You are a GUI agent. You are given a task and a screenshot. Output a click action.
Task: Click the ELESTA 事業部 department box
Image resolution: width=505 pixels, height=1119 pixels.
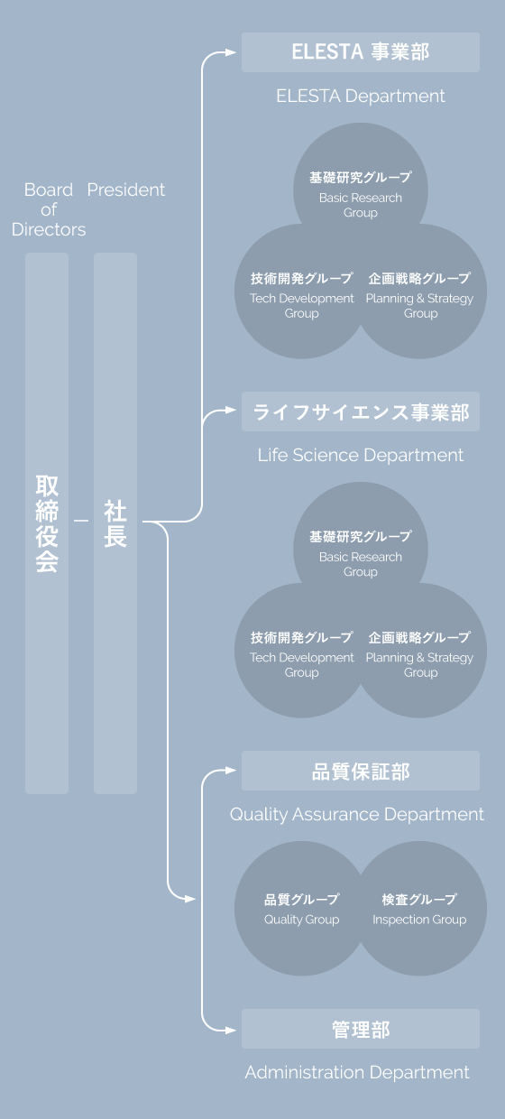[x=360, y=52]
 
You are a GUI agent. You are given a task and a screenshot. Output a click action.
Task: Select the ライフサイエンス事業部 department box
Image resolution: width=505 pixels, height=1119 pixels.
[x=360, y=412]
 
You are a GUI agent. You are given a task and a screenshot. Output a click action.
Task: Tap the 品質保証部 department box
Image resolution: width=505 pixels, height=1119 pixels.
[x=360, y=772]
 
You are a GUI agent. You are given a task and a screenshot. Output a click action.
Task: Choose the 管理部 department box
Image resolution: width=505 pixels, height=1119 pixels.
[x=360, y=1030]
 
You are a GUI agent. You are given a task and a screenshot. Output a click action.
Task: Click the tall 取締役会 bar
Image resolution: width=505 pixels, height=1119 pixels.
[x=47, y=523]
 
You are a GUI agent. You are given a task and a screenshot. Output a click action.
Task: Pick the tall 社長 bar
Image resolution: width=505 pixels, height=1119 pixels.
[x=115, y=523]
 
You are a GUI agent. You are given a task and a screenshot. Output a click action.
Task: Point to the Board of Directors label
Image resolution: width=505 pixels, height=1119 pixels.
[x=49, y=209]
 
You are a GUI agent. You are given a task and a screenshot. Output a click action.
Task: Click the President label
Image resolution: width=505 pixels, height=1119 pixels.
[x=126, y=190]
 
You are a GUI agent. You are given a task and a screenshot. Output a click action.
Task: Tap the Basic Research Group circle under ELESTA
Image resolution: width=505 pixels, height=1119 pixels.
[x=360, y=190]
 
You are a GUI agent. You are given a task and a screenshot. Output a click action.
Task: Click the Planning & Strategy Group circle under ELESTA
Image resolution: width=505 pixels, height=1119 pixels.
[x=420, y=293]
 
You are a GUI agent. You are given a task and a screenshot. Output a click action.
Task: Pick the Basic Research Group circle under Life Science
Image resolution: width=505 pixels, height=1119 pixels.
[x=360, y=549]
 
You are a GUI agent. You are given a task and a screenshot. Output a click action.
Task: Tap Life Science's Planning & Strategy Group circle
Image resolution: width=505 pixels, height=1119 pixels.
[x=420, y=652]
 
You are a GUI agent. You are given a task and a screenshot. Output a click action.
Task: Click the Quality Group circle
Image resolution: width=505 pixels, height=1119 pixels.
[x=301, y=909]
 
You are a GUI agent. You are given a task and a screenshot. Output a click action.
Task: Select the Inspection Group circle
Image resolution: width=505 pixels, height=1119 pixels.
[x=420, y=909]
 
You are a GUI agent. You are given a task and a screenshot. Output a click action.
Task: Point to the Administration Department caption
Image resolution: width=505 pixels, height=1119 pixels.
[x=357, y=1072]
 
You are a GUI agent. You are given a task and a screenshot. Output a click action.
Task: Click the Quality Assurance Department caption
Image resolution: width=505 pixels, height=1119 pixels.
[x=357, y=814]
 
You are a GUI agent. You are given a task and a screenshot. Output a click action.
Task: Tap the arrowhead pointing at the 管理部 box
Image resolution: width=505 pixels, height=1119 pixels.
[x=232, y=1030]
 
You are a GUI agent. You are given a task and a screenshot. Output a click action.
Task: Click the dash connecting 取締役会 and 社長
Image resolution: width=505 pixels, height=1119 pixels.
[x=81, y=521]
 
